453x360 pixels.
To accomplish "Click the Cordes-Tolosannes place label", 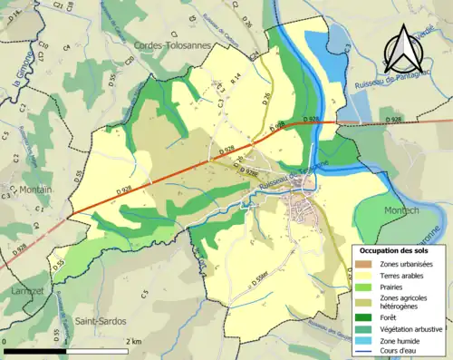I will point(172,44).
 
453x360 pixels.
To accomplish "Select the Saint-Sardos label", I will point(100,321).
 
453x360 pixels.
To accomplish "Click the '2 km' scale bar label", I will point(134,340).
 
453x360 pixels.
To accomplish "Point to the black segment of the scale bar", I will point(36,350).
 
